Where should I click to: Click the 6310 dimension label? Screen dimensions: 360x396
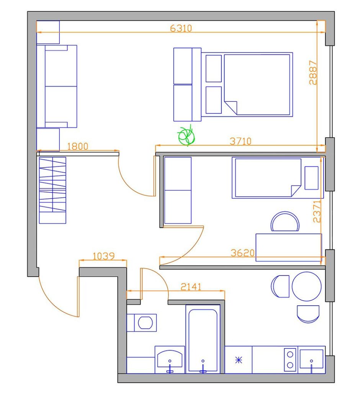[181, 28]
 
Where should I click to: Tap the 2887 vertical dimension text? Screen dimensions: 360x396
[313, 72]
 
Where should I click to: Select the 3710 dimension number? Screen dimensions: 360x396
[241, 141]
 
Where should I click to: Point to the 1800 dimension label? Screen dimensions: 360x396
[78, 146]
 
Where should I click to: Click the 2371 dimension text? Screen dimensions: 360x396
[317, 211]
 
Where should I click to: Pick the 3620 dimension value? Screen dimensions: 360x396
[242, 253]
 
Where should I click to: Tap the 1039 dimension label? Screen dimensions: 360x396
[104, 256]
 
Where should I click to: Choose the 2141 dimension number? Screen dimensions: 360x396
[191, 287]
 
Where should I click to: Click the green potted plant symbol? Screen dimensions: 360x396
[187, 135]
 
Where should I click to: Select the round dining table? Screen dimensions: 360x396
[307, 286]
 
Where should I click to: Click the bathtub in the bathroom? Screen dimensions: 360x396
[203, 339]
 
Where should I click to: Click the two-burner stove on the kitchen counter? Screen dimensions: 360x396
[290, 360]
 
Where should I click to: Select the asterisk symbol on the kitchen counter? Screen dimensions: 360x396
[239, 360]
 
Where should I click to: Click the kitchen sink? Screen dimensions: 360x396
[311, 359]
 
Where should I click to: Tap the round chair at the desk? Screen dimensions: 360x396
[285, 222]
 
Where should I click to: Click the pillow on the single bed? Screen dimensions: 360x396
[311, 178]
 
